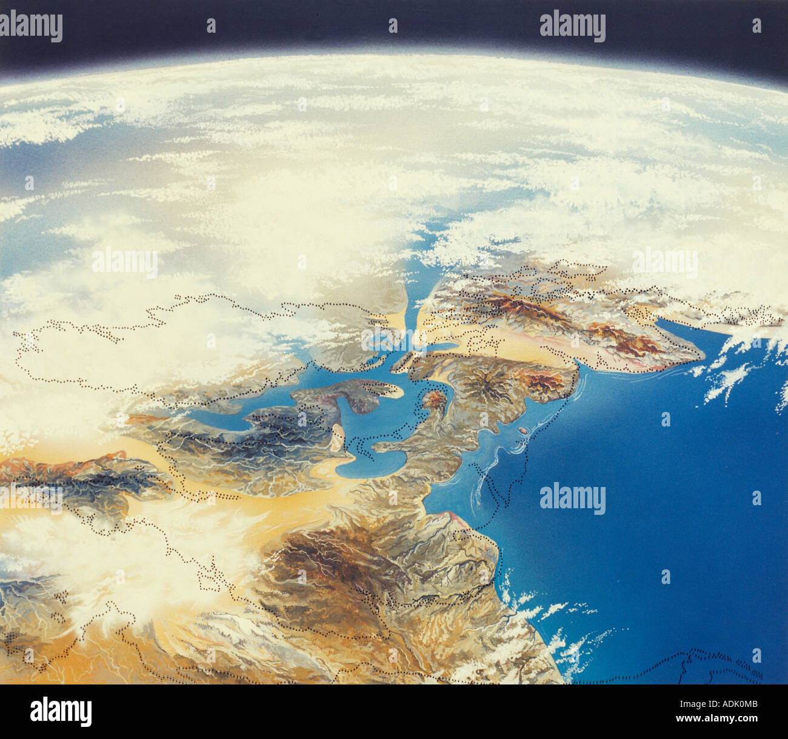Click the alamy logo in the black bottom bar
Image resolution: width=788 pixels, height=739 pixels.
coord(61,711)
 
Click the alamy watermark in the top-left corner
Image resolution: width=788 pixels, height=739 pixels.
coord(32,27)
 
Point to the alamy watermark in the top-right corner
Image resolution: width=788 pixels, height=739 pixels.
coord(572,27)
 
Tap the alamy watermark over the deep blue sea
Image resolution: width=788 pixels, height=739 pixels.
coord(572,499)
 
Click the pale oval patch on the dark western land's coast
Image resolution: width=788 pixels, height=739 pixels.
coord(338,433)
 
